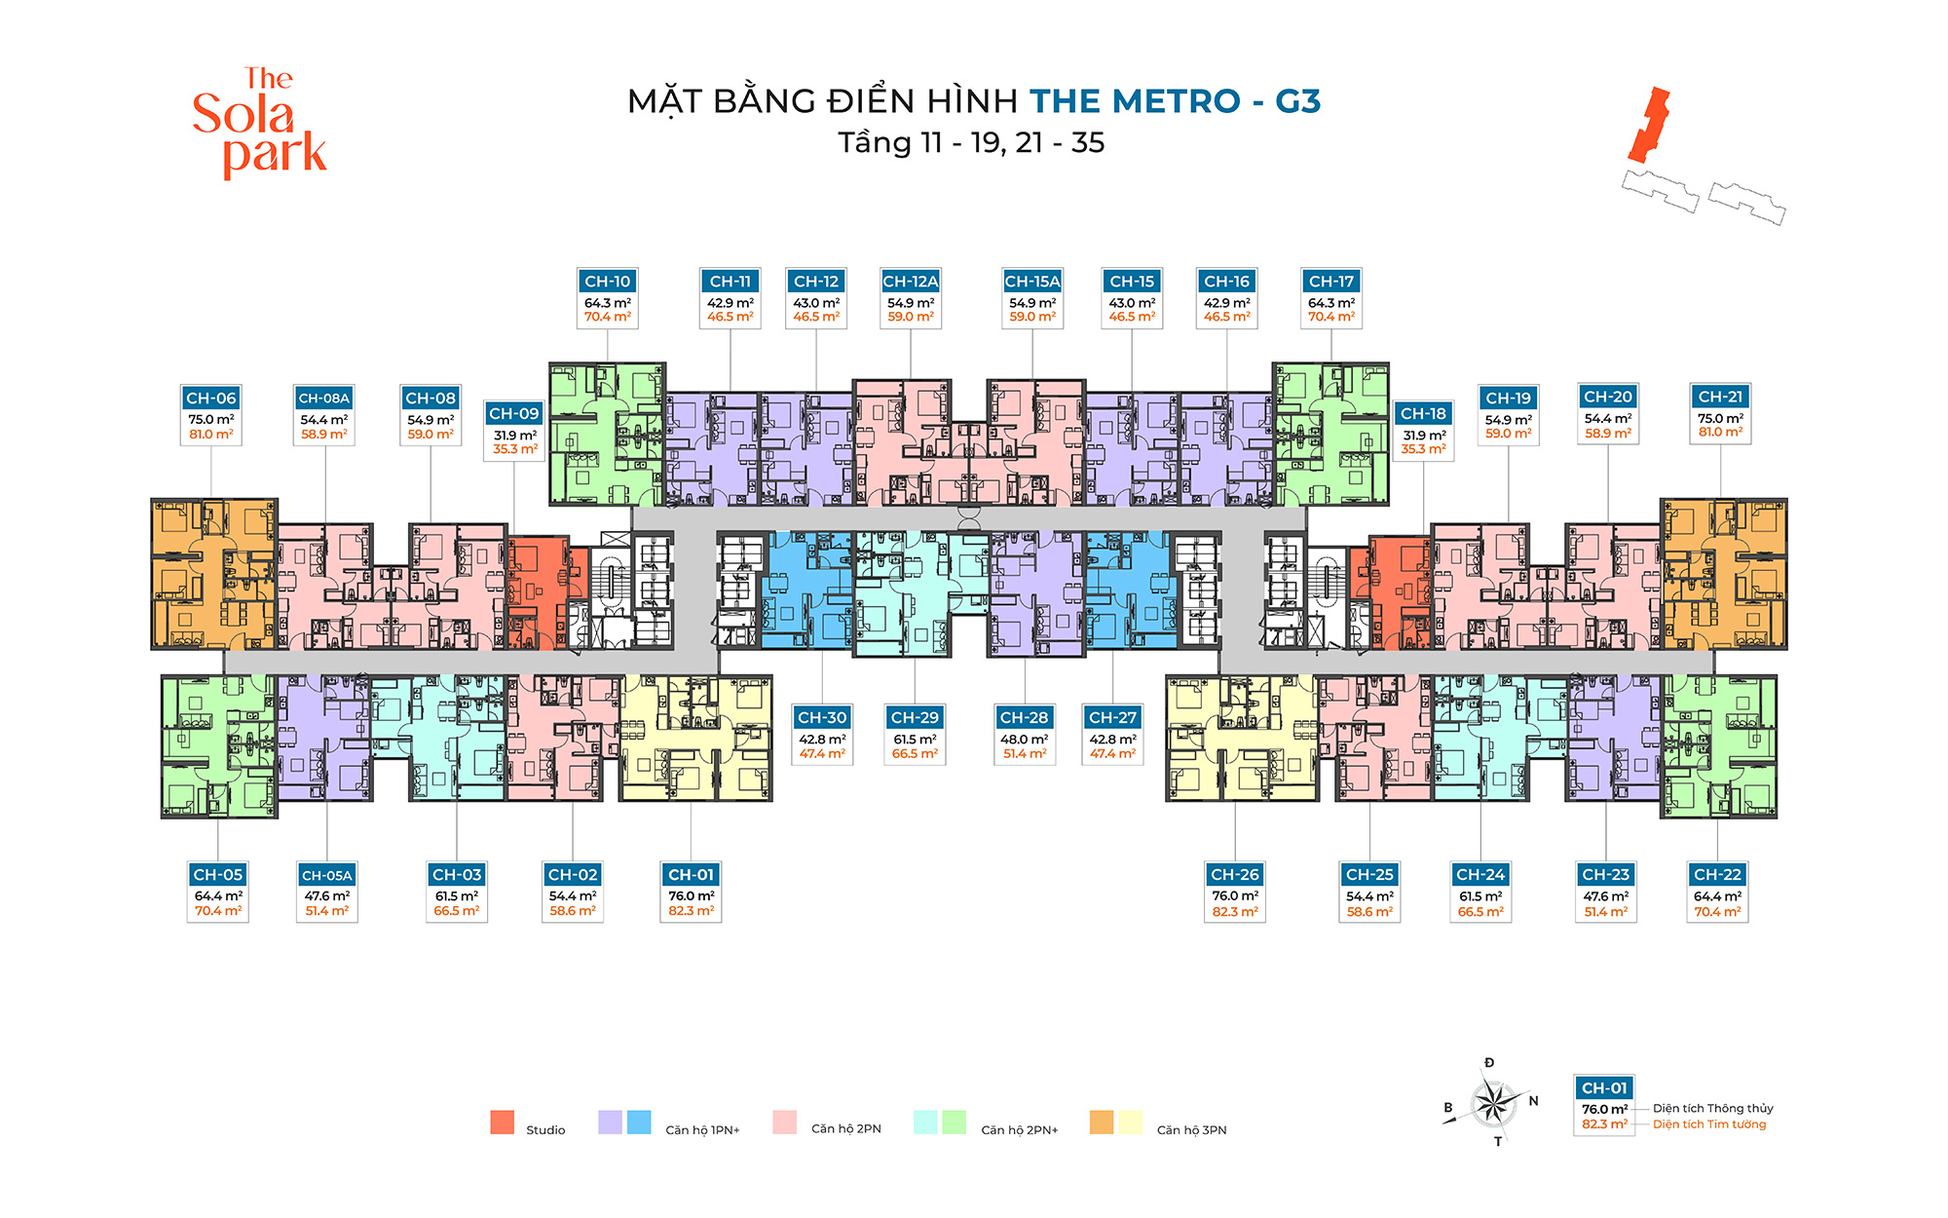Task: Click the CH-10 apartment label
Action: [608, 282]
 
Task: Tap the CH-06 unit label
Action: [211, 399]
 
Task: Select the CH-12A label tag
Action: [911, 282]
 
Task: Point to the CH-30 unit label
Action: [822, 718]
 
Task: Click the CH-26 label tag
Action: [1235, 875]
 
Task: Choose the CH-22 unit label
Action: [1717, 875]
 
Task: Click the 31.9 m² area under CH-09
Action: [514, 436]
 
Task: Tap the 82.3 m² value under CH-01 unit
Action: [692, 911]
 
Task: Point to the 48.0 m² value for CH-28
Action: [1025, 740]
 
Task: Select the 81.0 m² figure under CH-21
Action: [1721, 433]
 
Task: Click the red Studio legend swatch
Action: [503, 1123]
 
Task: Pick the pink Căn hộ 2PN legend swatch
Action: [784, 1123]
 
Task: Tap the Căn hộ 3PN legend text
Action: [1191, 1130]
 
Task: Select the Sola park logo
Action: [259, 123]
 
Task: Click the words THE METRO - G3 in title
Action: [1175, 101]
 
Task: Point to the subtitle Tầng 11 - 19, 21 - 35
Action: [971, 143]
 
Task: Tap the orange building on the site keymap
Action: [1649, 125]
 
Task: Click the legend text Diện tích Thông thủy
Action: [1712, 1109]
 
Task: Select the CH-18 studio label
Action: [1423, 414]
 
